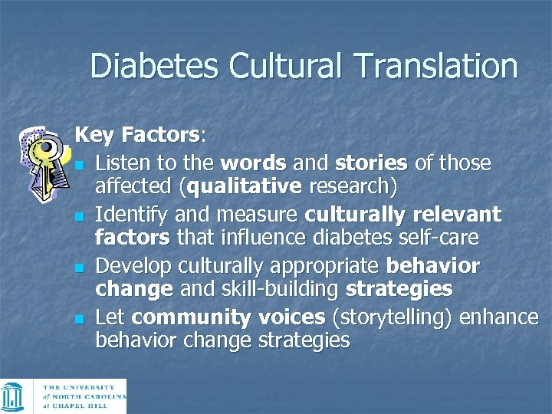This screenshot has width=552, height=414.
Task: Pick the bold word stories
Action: pos(370,163)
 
